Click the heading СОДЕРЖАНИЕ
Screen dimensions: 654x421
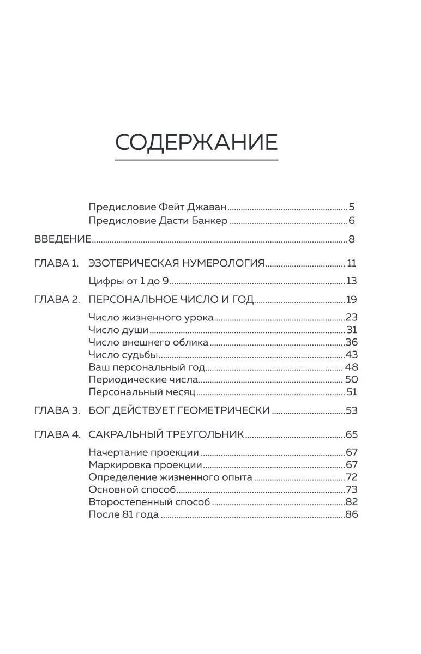pos(196,142)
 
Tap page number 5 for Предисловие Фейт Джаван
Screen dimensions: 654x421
pos(352,207)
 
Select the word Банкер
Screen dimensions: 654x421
pos(209,221)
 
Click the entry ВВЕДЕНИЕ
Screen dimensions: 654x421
pos(62,239)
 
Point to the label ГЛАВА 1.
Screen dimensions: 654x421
pos(56,263)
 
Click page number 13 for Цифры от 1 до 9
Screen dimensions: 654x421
pos(351,281)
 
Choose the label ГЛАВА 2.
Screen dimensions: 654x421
pos(57,300)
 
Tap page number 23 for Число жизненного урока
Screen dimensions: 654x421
pos(351,318)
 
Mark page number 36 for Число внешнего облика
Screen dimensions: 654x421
pos(351,343)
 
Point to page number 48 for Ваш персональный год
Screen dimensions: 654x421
pos(351,367)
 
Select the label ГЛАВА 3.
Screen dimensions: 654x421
pos(57,410)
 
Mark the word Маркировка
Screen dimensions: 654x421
pos(116,465)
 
